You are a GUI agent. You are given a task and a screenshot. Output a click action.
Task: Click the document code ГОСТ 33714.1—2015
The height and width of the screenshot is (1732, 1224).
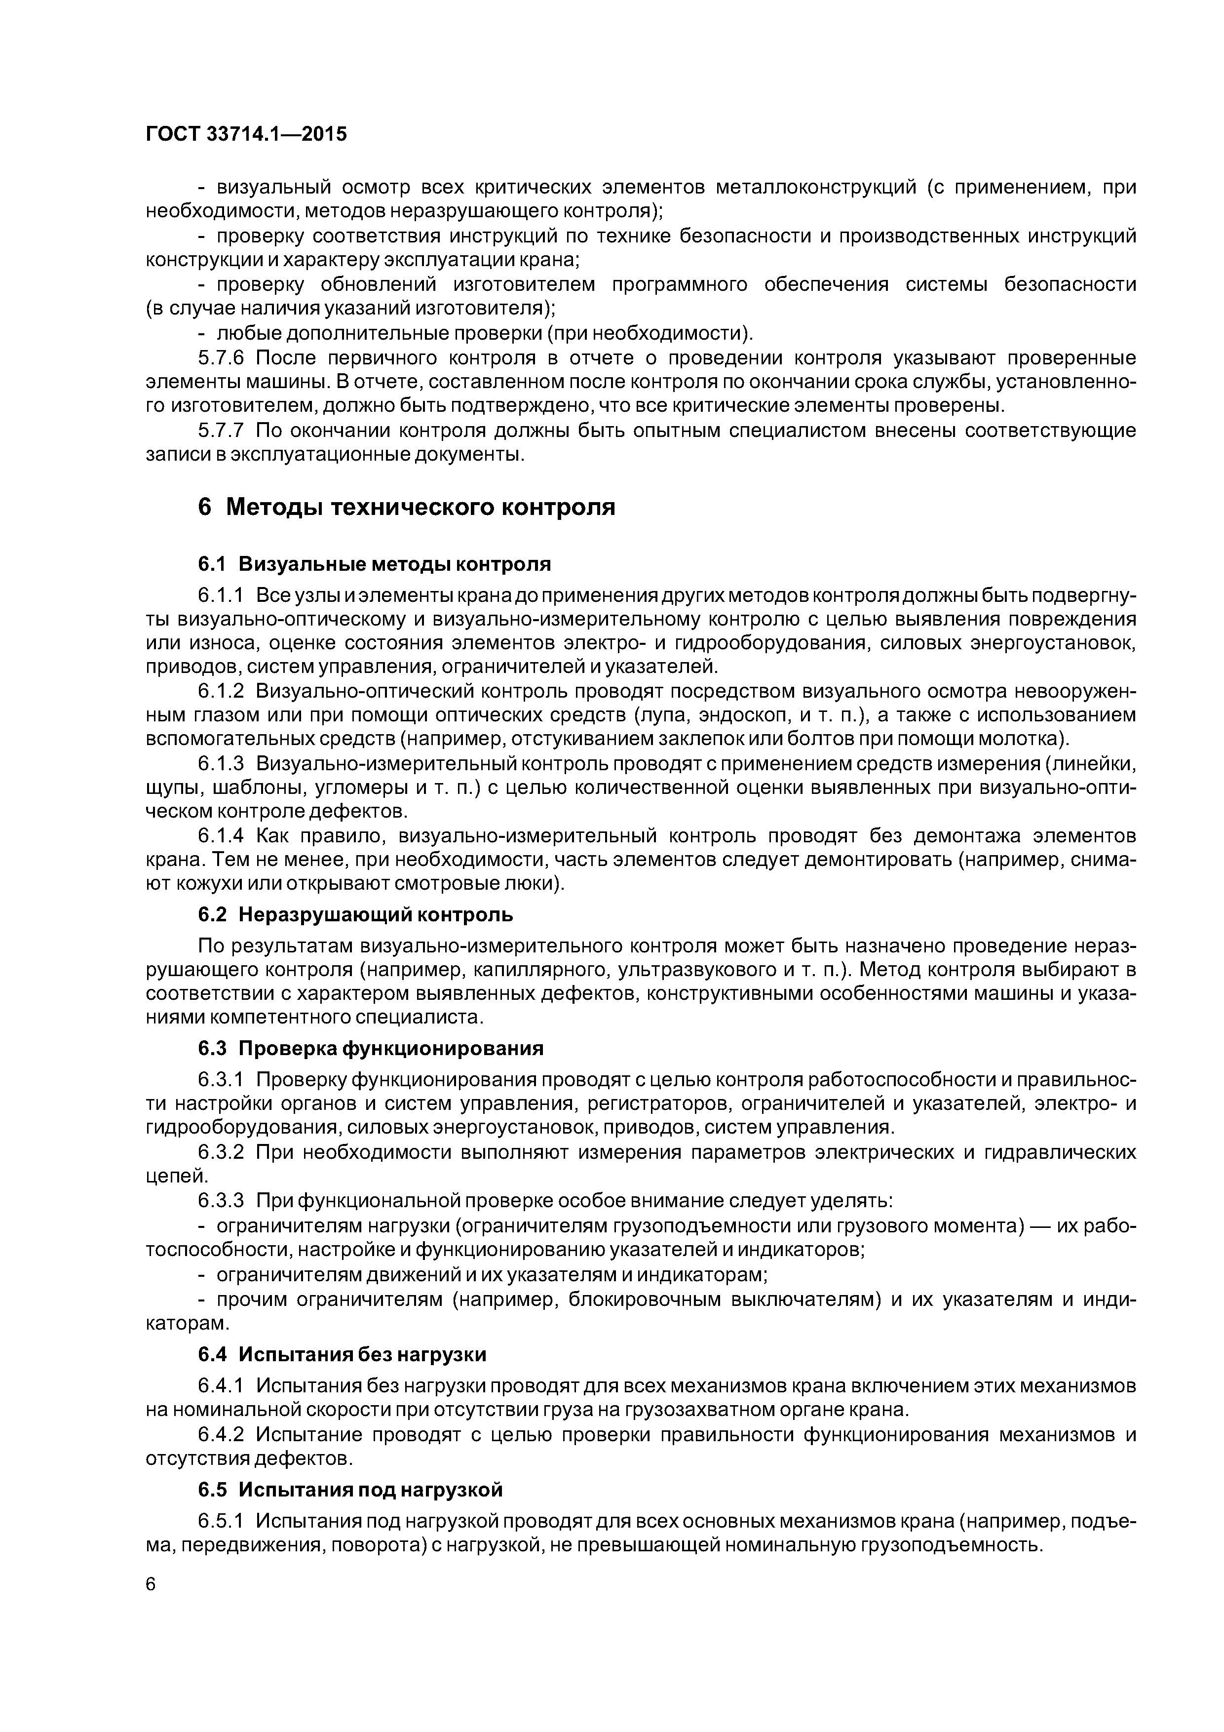[246, 134]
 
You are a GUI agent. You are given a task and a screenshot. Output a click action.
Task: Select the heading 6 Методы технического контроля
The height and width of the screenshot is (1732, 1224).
[407, 507]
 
